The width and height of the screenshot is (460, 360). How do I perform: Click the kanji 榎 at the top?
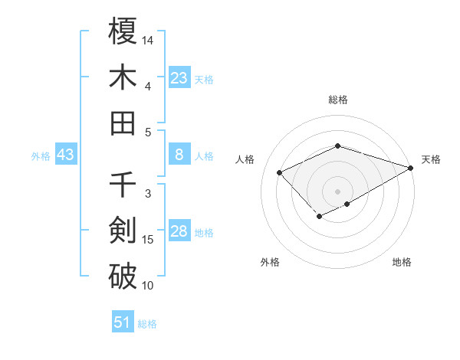point(123,31)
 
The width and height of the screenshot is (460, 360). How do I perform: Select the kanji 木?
point(123,77)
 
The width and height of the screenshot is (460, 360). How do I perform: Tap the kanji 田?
point(123,122)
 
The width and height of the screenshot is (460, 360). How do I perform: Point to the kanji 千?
point(123,184)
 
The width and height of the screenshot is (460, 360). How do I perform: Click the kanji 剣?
point(123,229)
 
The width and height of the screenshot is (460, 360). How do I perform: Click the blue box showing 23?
point(179,77)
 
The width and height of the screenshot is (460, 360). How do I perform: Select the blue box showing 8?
point(179,155)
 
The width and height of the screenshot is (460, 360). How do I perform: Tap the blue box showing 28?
point(179,232)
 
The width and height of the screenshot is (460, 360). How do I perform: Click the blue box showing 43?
point(66,155)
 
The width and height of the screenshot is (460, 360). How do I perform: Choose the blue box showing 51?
point(123,322)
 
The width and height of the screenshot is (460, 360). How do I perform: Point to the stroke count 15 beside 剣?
point(148,240)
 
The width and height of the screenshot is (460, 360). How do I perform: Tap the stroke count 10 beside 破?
point(148,286)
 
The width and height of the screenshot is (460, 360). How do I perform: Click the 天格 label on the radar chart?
point(431,159)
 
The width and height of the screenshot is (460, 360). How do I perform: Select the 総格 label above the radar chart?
point(337,100)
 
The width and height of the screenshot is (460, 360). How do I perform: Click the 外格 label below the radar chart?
point(270,262)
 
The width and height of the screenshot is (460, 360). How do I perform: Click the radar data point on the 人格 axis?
point(280,172)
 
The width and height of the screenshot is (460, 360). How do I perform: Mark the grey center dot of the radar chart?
point(337,191)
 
